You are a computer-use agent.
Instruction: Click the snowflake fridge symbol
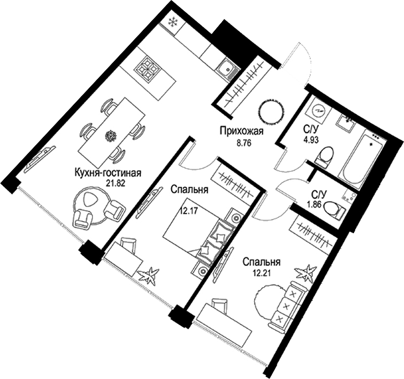click(172, 23)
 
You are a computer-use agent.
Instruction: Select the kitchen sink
click(227, 71)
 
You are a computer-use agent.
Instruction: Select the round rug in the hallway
click(272, 110)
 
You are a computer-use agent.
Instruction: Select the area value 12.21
click(263, 272)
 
